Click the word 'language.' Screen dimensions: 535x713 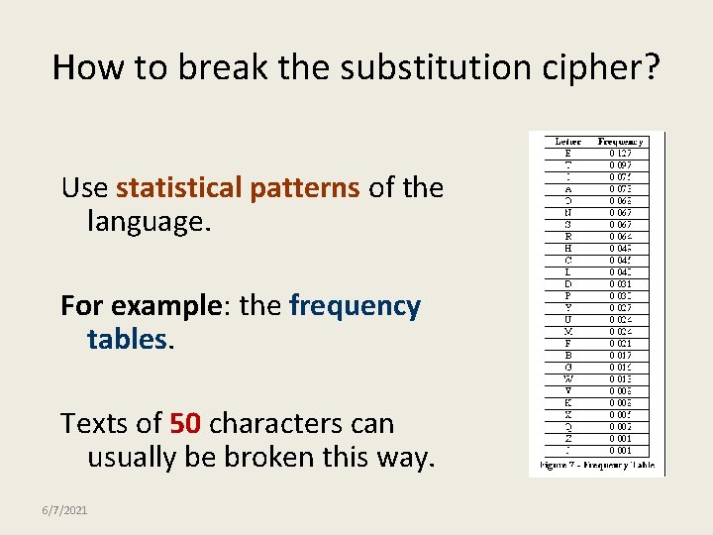click(x=150, y=221)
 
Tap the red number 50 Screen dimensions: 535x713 click(x=186, y=423)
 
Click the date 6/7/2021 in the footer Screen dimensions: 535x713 click(x=64, y=510)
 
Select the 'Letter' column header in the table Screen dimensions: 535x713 click(x=567, y=142)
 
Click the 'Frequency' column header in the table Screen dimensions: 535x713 click(x=621, y=142)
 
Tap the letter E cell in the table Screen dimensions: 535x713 click(x=567, y=154)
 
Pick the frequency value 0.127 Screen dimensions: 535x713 click(x=621, y=154)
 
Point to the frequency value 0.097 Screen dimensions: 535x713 click(x=621, y=165)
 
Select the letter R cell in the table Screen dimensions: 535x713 click(x=567, y=237)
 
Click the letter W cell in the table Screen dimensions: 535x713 click(x=567, y=378)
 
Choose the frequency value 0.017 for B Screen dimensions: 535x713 click(x=621, y=355)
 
